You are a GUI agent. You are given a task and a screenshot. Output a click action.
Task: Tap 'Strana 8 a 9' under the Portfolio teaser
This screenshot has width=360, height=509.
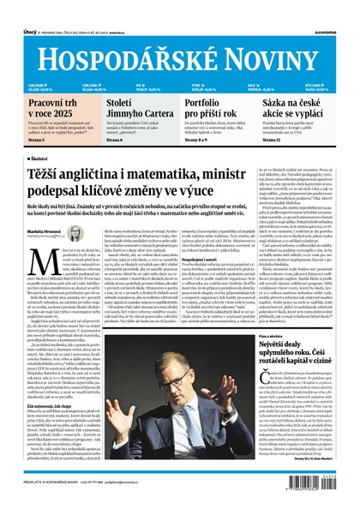click(x=199, y=141)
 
